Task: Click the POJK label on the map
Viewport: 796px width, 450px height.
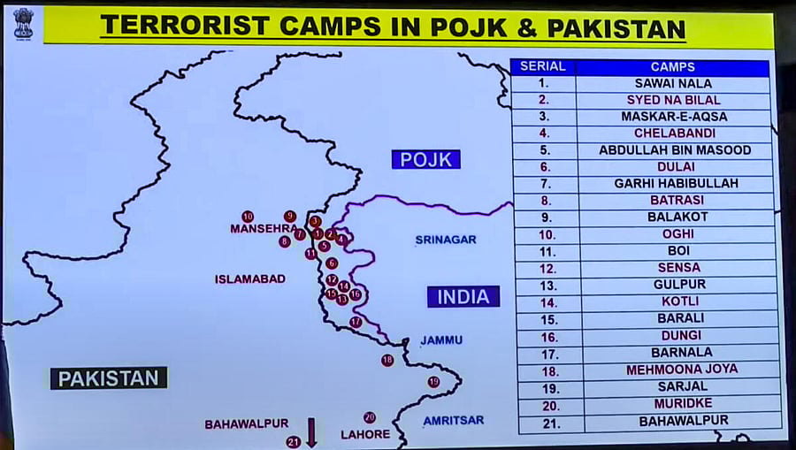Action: (425, 159)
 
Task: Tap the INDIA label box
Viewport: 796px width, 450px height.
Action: (463, 297)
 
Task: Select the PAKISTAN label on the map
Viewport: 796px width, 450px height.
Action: (109, 378)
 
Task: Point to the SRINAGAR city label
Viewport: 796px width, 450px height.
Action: (446, 240)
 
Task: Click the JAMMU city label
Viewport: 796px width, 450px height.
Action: (441, 340)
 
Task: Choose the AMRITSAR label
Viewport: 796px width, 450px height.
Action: (453, 421)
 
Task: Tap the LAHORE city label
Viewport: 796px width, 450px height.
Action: (365, 434)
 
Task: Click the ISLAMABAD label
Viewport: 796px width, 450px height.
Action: (250, 279)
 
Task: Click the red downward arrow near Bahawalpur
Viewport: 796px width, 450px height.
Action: (311, 432)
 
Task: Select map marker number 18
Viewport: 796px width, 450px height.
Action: (387, 360)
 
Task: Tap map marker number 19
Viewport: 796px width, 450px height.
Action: (433, 382)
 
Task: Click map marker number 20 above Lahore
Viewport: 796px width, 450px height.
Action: (370, 417)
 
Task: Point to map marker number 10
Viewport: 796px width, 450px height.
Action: (248, 217)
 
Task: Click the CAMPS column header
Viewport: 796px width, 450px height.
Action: (672, 67)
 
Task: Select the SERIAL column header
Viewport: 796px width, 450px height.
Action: (543, 67)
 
